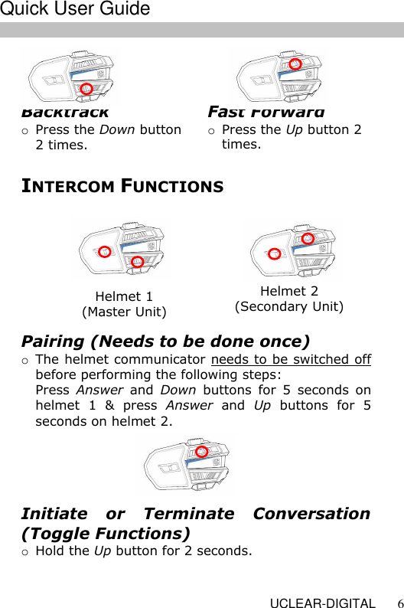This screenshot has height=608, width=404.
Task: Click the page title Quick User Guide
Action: (75, 9)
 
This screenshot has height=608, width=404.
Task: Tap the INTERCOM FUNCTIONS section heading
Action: (122, 186)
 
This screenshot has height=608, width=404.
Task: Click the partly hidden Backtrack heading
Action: (65, 113)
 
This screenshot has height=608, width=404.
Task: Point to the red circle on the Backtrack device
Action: (87, 89)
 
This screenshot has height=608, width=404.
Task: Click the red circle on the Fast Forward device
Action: (295, 63)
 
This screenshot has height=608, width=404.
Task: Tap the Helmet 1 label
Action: (124, 296)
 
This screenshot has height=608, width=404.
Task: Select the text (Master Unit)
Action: (124, 312)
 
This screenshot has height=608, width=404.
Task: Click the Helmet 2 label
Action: (289, 291)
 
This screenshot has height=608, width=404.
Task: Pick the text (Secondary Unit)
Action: (289, 306)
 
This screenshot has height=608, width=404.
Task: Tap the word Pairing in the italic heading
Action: (53, 341)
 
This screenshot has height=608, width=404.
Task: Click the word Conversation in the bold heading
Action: (305, 514)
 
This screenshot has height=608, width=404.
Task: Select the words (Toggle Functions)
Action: (106, 533)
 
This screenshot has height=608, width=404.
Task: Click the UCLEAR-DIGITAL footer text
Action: (322, 603)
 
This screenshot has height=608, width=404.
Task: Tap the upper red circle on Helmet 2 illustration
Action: (308, 238)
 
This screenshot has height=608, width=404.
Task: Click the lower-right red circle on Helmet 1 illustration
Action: (138, 262)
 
